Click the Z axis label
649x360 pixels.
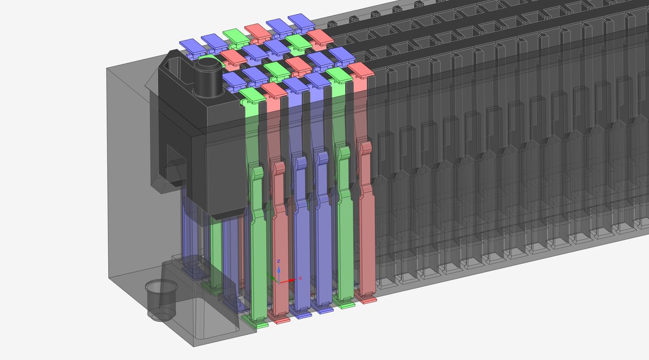[279, 262]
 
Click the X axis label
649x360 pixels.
[300, 278]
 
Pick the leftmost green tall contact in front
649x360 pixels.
[259, 243]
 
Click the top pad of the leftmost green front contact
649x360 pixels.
[251, 95]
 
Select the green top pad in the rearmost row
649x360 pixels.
[234, 34]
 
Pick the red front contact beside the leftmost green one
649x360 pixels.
[281, 243]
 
